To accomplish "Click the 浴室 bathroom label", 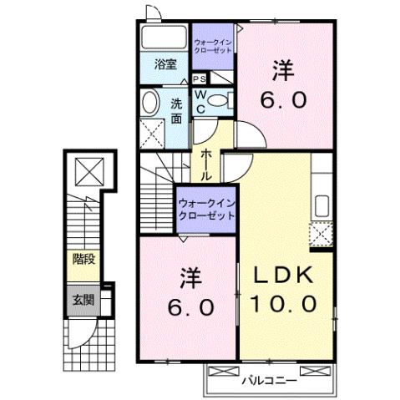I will (165, 63).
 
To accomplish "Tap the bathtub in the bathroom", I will (164, 38).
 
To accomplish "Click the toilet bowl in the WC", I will (218, 100).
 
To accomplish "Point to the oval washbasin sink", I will (150, 104).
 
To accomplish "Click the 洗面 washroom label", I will (177, 111).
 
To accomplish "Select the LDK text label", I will (279, 275).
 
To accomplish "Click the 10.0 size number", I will (280, 304).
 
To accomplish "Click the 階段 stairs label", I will (83, 259).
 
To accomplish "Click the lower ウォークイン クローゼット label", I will (205, 210).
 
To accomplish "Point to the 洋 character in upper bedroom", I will (286, 71).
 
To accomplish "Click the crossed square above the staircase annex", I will (88, 172).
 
